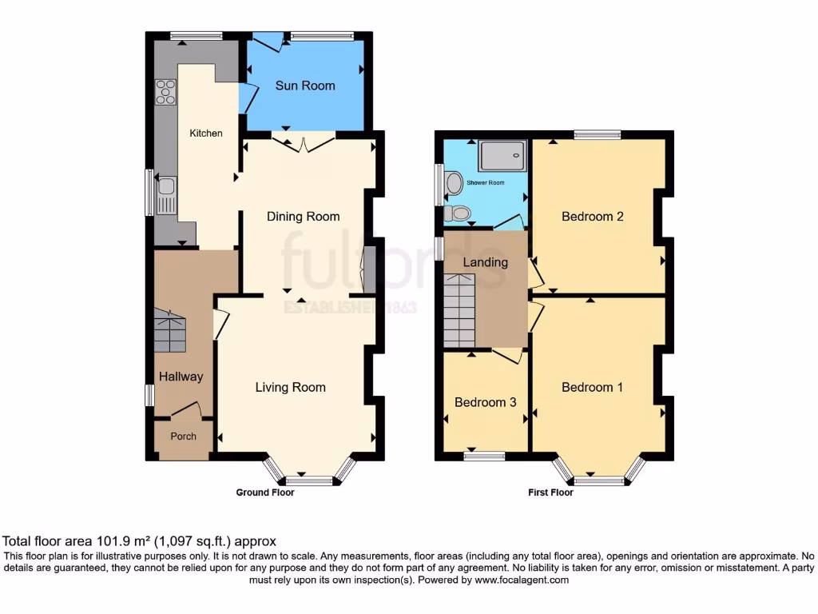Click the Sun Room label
(x=305, y=86)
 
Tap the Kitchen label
(x=205, y=134)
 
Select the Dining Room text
(x=303, y=217)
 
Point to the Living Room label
(x=290, y=388)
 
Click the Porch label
(x=184, y=437)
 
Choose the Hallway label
(x=180, y=377)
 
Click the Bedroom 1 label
(x=592, y=388)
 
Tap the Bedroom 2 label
(x=592, y=217)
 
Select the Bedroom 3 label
(x=485, y=402)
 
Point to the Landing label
(x=486, y=262)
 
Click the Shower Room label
(x=486, y=183)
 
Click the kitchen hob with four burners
(x=166, y=93)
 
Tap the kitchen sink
(x=166, y=194)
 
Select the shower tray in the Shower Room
(x=502, y=155)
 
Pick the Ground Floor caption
(x=264, y=492)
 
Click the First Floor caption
(x=550, y=492)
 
